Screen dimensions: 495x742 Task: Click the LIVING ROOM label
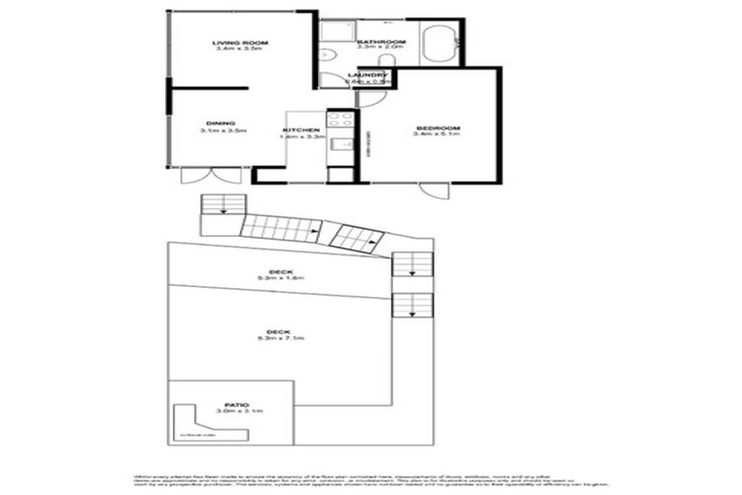(x=240, y=43)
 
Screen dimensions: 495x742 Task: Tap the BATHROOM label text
(x=381, y=43)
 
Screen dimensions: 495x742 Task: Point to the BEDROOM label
(x=438, y=128)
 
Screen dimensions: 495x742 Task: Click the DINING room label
(x=220, y=123)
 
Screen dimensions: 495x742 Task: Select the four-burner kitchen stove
(x=340, y=121)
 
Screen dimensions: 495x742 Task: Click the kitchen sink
(x=340, y=146)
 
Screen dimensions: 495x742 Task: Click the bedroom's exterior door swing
(x=435, y=189)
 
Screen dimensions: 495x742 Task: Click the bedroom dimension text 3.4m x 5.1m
(x=438, y=136)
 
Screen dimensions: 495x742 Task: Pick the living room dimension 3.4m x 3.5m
(x=240, y=50)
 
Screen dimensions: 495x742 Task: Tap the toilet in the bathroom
(x=385, y=61)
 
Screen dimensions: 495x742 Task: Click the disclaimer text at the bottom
(x=371, y=480)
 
